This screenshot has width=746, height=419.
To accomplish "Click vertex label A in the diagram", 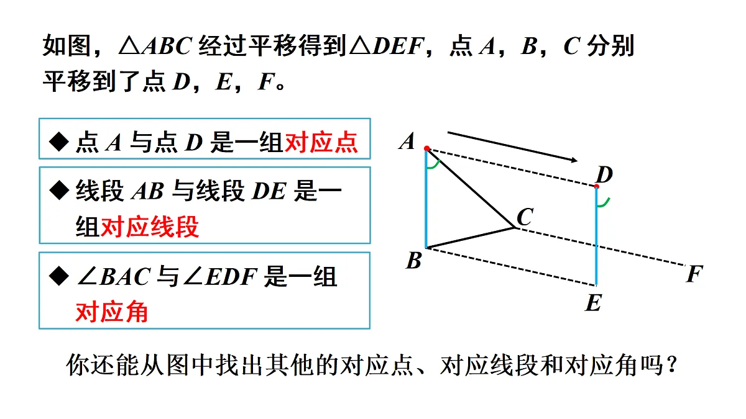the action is (407, 142).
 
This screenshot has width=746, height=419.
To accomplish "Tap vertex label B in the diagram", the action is (414, 260).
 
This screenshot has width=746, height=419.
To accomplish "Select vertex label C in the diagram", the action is (525, 217).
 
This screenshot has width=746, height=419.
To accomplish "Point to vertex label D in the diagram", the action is (604, 174).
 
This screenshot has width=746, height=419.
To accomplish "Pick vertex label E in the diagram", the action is (594, 303).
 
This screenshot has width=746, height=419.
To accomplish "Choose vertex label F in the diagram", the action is (694, 274).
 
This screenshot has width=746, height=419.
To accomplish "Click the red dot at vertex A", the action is (427, 148).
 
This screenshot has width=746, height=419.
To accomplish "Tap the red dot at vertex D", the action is (596, 187).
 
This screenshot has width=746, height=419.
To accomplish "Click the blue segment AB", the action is (426, 198).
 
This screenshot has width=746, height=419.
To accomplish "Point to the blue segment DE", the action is (596, 236).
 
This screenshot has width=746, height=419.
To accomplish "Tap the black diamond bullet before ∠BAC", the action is (59, 276).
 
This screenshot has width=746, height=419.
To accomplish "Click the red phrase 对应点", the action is (321, 142).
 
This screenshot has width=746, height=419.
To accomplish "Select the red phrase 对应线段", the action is (150, 227).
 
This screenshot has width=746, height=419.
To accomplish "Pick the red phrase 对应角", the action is (112, 312).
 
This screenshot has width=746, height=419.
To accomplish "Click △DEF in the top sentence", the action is (386, 46).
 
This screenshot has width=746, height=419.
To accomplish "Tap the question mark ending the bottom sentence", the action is (672, 365).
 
